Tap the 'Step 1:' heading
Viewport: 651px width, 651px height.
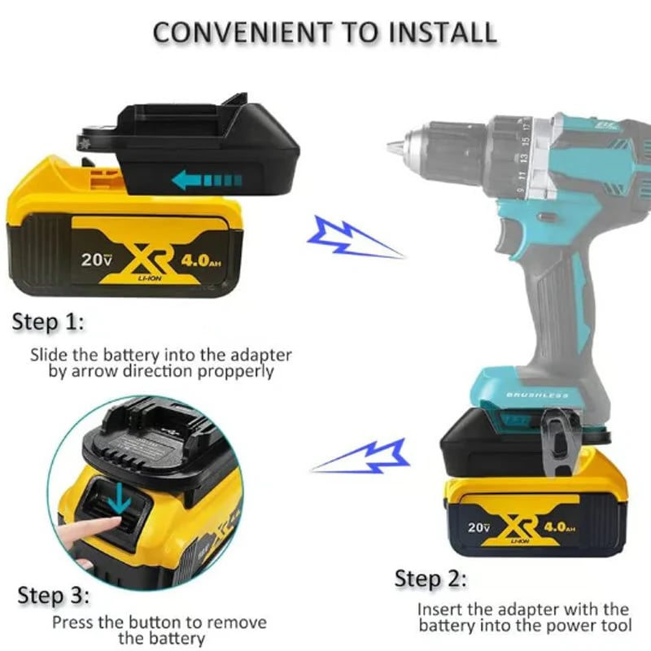click(48, 322)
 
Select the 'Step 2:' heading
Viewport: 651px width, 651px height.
click(431, 579)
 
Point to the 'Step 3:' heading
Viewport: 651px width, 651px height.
click(53, 596)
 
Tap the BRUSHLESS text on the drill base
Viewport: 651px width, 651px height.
click(538, 395)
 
